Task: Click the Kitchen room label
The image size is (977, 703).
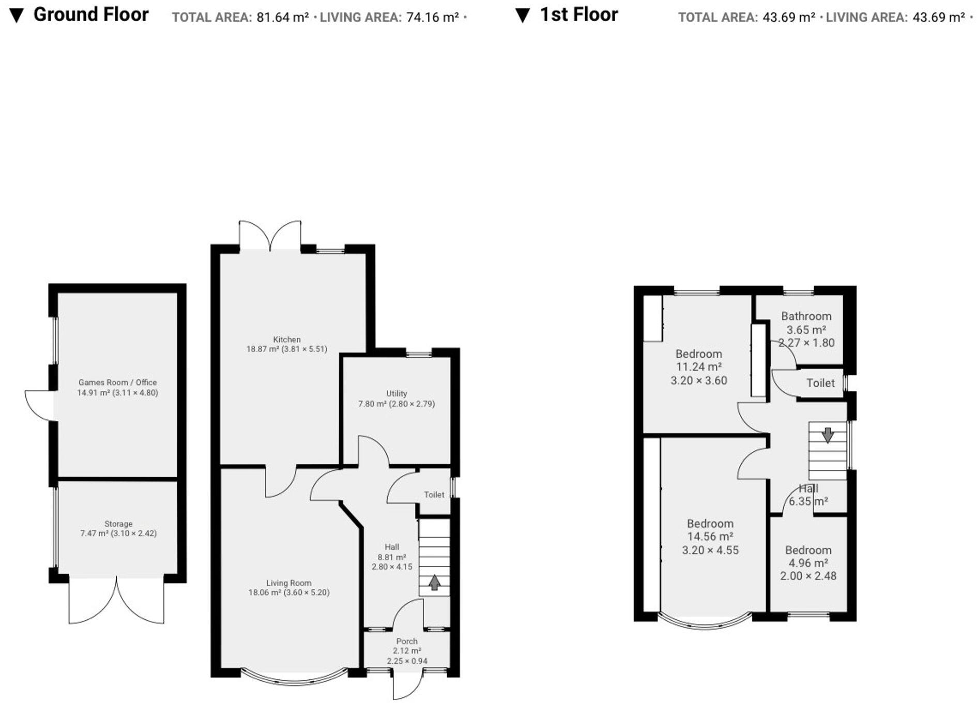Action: tap(286, 340)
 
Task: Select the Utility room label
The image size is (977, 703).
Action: tap(396, 393)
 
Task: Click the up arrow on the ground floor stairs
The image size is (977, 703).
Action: tap(434, 583)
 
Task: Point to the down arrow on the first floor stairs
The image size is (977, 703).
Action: tap(828, 435)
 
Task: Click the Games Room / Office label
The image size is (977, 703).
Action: tap(117, 383)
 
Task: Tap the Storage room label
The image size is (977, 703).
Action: tap(118, 524)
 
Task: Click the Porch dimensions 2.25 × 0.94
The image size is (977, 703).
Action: tap(407, 661)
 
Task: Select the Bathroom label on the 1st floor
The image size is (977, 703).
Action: tap(806, 316)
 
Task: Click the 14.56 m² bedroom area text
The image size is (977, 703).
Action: tap(710, 537)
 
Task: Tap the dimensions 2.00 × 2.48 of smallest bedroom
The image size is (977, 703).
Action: tap(808, 576)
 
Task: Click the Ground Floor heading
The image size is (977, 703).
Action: tap(91, 14)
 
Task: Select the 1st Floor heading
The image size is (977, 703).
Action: tap(578, 14)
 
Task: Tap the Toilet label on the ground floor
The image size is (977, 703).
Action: tap(434, 495)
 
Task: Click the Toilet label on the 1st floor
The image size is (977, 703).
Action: tap(820, 383)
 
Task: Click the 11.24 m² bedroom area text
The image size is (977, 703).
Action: tap(698, 367)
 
